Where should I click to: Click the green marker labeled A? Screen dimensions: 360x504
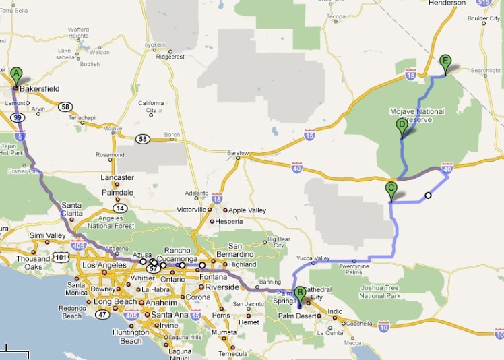pos(16,74)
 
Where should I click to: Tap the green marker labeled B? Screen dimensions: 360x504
pos(300,293)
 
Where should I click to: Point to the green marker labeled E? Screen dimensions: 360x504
pos(445,61)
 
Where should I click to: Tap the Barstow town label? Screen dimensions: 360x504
pos(239,152)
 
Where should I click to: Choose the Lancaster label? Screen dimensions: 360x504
pos(117,177)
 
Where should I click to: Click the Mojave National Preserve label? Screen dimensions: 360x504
pos(418,115)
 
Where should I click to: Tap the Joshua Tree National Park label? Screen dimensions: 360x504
pos(381,291)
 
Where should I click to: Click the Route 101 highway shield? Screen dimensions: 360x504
pos(61,257)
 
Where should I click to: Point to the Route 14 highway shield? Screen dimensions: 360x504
pos(120,209)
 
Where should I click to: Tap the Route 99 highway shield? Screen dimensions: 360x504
pos(18,117)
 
